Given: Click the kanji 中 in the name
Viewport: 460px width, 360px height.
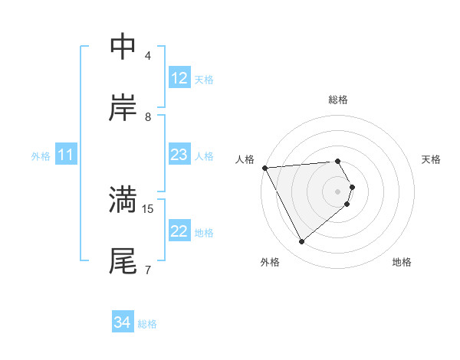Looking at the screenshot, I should [123, 47].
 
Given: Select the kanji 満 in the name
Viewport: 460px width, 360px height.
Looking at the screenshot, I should [123, 200].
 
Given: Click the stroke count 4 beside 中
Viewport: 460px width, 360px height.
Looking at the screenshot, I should [148, 56].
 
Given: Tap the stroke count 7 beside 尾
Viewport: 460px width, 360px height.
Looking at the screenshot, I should [148, 270].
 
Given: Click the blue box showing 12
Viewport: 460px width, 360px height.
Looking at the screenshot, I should [179, 78].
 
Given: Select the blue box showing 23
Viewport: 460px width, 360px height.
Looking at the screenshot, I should [179, 155].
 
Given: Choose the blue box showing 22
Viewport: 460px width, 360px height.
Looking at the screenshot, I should [179, 231].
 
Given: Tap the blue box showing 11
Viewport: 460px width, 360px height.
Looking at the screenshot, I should [66, 155].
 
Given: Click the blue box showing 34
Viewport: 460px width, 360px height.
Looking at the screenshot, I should [123, 322].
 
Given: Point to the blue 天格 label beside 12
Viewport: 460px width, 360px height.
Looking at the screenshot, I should [204, 80].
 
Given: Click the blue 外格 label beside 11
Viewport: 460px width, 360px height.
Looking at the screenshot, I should [41, 156].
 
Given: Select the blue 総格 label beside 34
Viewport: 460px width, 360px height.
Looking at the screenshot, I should [147, 324].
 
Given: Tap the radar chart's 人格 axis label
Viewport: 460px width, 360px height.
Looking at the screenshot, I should [245, 159].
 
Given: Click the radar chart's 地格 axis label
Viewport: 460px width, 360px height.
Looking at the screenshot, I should [402, 263].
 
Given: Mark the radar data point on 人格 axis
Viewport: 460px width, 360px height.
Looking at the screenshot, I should [264, 168].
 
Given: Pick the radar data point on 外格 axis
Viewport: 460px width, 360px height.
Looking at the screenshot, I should [301, 242].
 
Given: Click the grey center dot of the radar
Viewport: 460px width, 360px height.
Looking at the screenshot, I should [338, 191].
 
